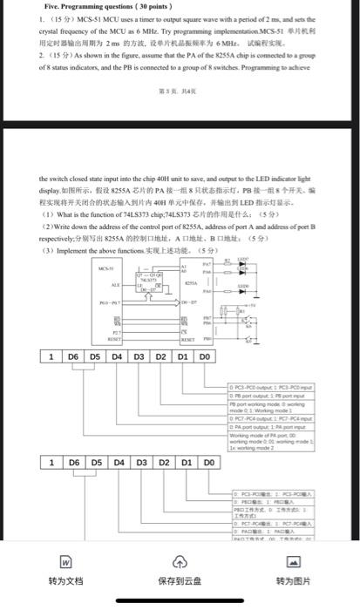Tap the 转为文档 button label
[65, 580]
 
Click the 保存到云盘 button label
[179, 580]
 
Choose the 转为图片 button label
[293, 580]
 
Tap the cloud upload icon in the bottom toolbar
[179, 560]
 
